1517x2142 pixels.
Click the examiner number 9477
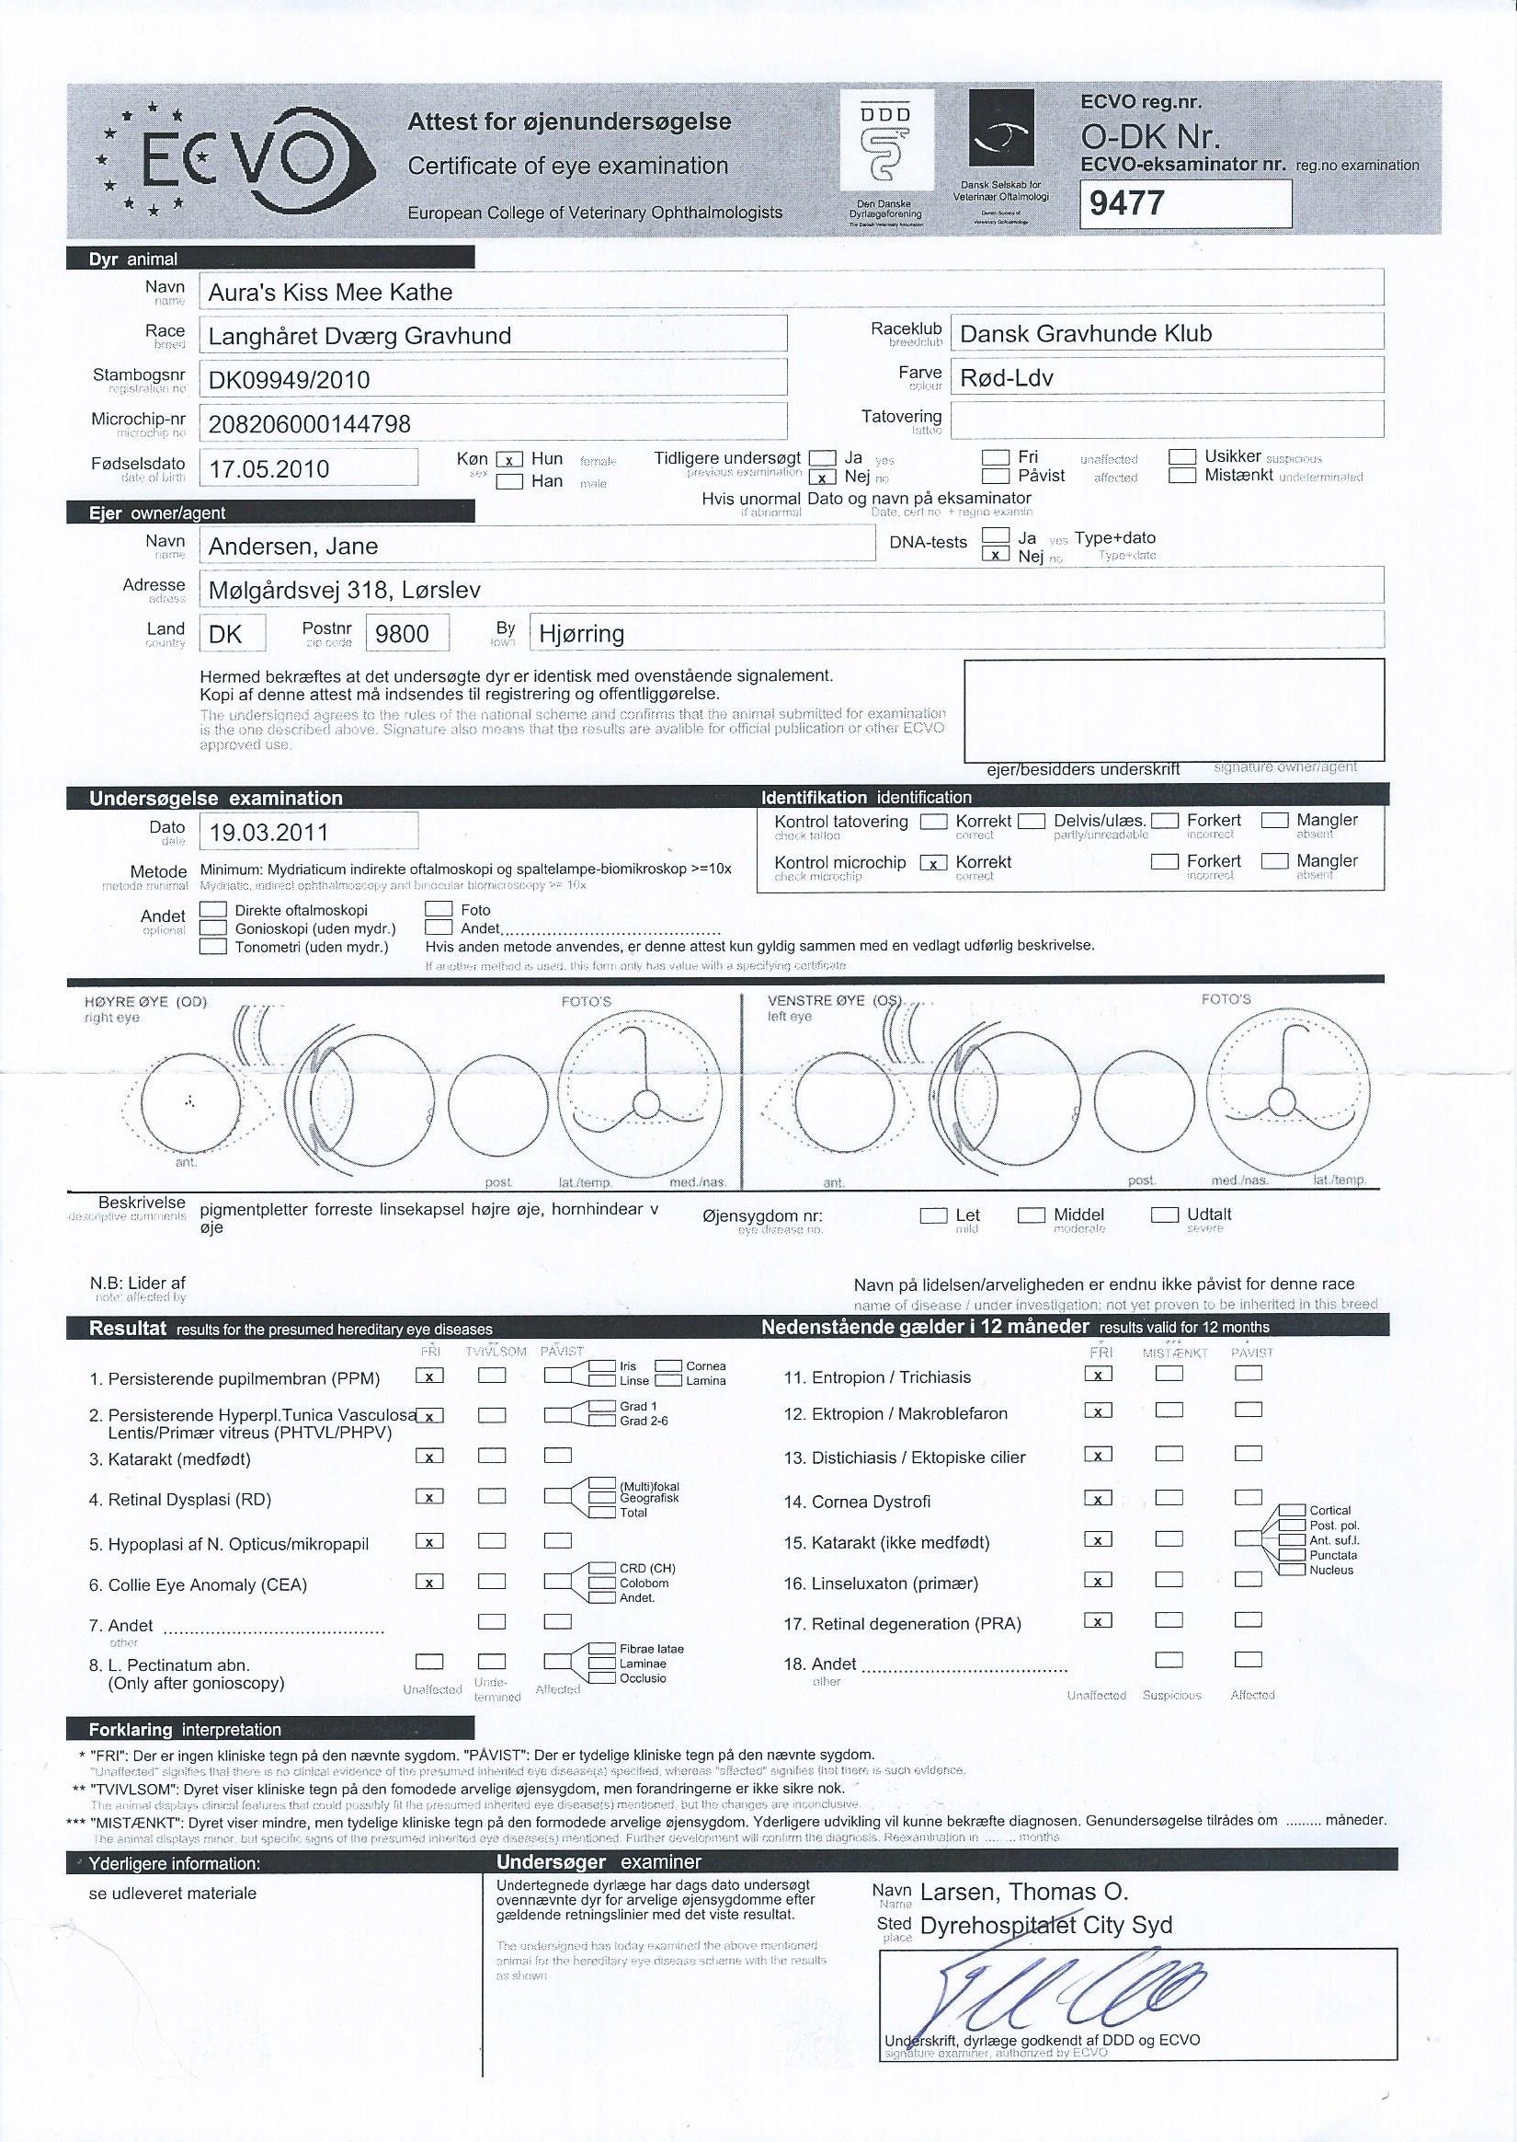[x=1127, y=202]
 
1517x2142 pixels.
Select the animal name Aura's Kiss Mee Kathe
[x=330, y=293]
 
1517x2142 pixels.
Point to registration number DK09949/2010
[x=289, y=380]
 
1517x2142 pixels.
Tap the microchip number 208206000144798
[x=309, y=424]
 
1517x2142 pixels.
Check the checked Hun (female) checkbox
[x=509, y=460]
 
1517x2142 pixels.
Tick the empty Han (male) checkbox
[x=509, y=482]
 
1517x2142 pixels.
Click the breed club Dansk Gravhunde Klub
[x=1086, y=334]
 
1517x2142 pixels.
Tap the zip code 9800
[x=402, y=635]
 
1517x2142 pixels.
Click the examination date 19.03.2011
[x=268, y=833]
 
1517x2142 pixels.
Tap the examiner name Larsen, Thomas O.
[x=1024, y=1893]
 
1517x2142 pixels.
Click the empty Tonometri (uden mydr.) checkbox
[x=214, y=947]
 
